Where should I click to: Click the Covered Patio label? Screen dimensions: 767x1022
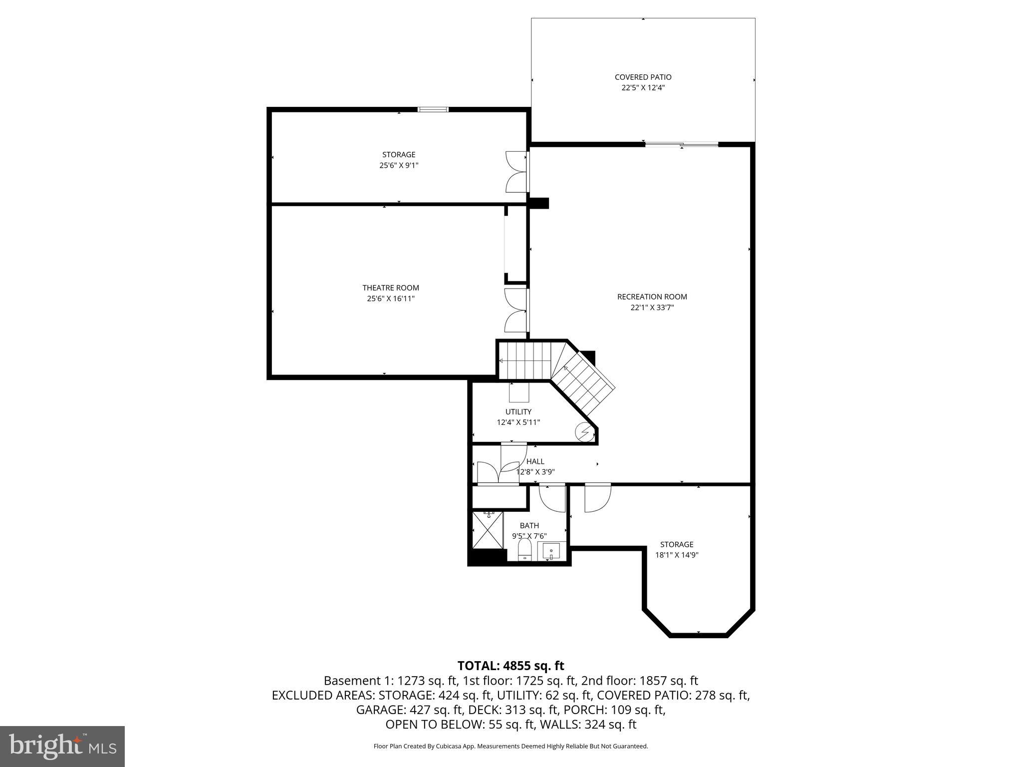click(x=643, y=77)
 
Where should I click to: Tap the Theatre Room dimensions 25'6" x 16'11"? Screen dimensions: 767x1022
click(x=391, y=299)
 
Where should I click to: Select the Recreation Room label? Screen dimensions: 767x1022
click(x=652, y=297)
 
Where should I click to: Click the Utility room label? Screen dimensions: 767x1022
click(x=518, y=411)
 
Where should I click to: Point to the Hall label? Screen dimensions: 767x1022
click(x=535, y=461)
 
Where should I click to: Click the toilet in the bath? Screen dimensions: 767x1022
click(x=524, y=550)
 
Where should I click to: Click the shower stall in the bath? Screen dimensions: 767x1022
click(x=488, y=530)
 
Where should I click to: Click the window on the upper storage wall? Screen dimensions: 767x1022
click(x=433, y=110)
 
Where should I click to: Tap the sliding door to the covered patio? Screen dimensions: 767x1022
click(x=681, y=145)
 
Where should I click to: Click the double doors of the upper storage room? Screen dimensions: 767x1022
click(x=517, y=172)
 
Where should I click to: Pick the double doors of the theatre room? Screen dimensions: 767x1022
click(x=516, y=310)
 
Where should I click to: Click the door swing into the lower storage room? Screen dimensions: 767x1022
click(x=597, y=498)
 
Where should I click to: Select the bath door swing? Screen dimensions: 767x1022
click(x=552, y=498)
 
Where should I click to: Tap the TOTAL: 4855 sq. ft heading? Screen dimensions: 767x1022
click(x=511, y=666)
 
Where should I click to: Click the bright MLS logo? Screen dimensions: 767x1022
click(x=62, y=746)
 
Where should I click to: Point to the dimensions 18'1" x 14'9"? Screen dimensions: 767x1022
click(x=676, y=555)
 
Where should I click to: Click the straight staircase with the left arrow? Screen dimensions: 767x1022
click(x=524, y=360)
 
